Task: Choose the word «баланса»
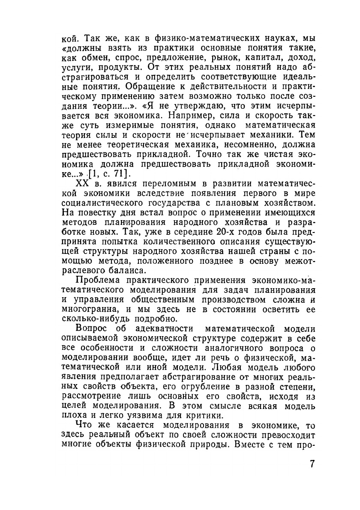(x=128, y=271)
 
